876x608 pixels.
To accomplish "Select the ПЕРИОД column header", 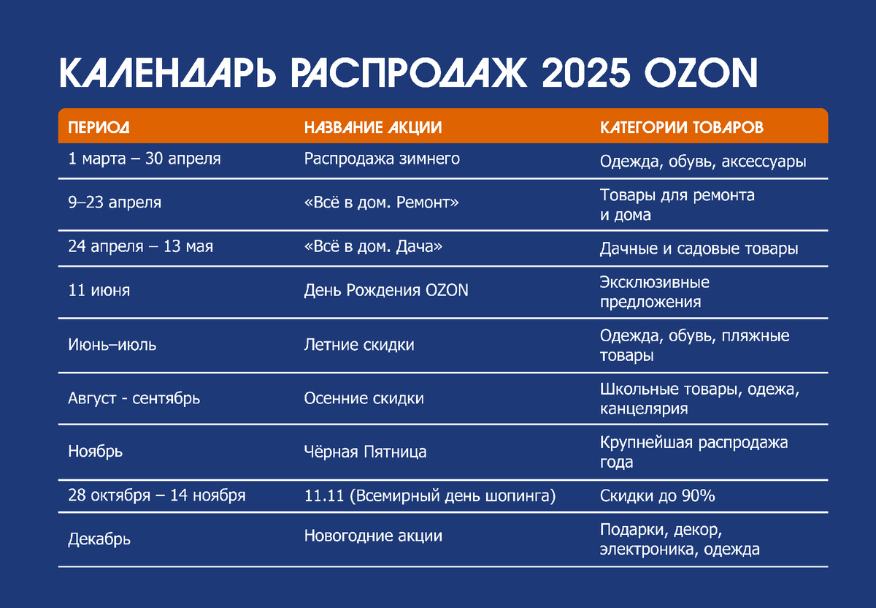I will (x=99, y=128).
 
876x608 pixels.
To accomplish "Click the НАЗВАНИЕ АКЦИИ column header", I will (x=373, y=128).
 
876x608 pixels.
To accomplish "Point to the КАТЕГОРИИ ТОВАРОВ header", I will (x=682, y=128).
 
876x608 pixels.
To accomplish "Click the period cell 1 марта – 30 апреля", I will (x=144, y=159).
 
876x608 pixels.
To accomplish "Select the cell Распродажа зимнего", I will (x=382, y=159).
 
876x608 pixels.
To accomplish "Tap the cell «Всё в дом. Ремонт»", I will (x=381, y=202).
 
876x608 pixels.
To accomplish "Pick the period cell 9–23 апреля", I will (x=115, y=202).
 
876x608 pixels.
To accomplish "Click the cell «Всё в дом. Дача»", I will (x=373, y=247).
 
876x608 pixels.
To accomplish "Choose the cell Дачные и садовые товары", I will (x=699, y=248).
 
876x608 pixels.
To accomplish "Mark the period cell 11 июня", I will (x=99, y=290).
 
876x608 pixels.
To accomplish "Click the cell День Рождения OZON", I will (x=386, y=290).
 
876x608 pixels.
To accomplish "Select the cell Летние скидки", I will (x=359, y=344).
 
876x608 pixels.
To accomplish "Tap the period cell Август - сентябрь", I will (x=134, y=398).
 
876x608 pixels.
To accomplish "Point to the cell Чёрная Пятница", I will (x=365, y=452).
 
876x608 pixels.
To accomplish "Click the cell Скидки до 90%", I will (x=657, y=496).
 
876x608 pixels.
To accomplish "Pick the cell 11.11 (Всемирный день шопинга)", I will (x=430, y=496).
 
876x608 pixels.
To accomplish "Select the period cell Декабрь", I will (x=99, y=540).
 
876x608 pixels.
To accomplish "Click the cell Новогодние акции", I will (x=373, y=536).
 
